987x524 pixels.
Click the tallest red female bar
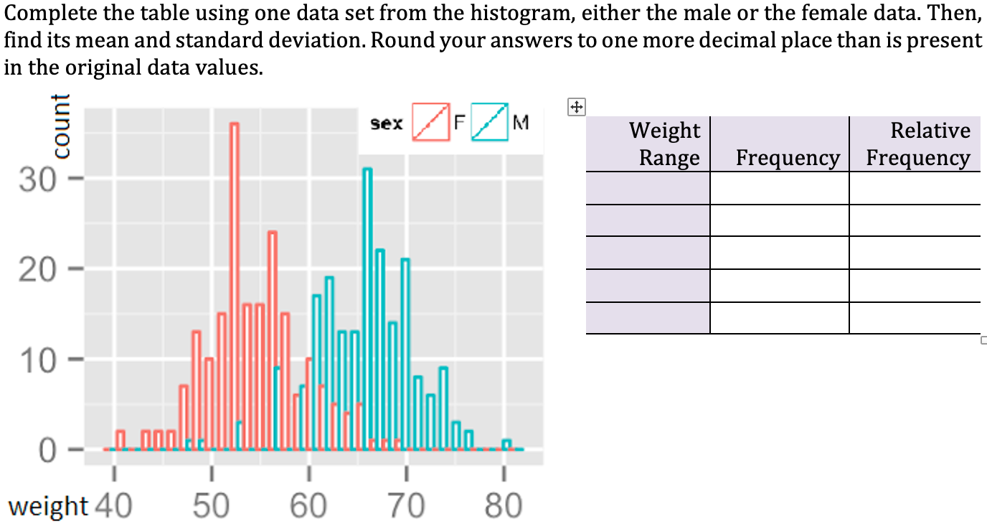pos(234,287)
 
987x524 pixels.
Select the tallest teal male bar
pos(367,309)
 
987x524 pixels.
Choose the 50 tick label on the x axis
pos(210,507)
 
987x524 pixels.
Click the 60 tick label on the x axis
pos(308,507)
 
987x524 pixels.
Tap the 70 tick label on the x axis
pos(406,507)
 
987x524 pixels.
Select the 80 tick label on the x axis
pos(504,507)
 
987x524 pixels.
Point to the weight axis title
pos(47,506)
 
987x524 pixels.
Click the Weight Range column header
pos(665,144)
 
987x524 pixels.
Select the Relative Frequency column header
pos(918,144)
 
